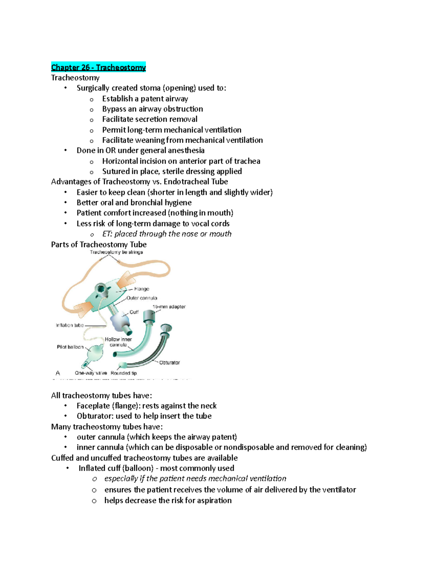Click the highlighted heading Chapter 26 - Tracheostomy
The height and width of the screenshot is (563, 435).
click(x=98, y=67)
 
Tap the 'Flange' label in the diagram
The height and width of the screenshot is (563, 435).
click(x=141, y=289)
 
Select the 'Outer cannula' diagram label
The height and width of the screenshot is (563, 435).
click(x=142, y=298)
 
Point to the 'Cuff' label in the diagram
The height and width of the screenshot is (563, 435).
click(x=134, y=312)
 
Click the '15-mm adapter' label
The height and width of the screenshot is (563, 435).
click(x=169, y=307)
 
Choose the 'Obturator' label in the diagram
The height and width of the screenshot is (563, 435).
click(x=169, y=363)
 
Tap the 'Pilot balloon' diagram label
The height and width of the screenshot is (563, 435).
click(x=70, y=347)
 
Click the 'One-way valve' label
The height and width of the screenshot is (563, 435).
click(x=91, y=373)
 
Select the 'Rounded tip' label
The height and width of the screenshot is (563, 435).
click(x=124, y=373)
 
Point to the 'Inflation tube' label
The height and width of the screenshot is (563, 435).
click(x=70, y=325)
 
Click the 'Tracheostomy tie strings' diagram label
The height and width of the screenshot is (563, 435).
click(x=116, y=252)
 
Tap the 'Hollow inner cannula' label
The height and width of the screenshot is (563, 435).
click(x=118, y=342)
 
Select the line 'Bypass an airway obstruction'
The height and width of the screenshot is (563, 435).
click(x=152, y=109)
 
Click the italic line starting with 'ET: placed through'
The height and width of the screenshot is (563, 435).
click(x=167, y=234)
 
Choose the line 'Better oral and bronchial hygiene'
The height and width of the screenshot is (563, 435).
click(x=134, y=203)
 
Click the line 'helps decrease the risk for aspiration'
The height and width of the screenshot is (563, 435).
click(x=168, y=501)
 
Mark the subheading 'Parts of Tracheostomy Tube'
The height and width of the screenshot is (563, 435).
click(x=99, y=244)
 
